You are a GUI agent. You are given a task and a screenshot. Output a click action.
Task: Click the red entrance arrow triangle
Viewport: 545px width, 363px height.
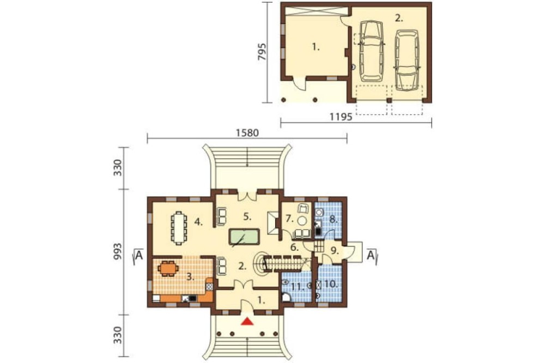pyautogui.click(x=247, y=321)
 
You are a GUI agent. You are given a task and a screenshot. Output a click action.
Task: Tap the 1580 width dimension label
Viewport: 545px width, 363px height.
pyautogui.click(x=247, y=133)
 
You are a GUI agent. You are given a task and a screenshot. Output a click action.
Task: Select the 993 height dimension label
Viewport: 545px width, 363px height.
pyautogui.click(x=119, y=252)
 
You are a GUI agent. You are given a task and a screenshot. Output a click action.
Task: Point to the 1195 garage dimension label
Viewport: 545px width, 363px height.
pyautogui.click(x=341, y=117)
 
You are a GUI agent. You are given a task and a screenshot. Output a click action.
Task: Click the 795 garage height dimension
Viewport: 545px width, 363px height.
pyautogui.click(x=262, y=52)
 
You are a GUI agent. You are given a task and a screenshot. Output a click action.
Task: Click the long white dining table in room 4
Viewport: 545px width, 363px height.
pyautogui.click(x=179, y=228)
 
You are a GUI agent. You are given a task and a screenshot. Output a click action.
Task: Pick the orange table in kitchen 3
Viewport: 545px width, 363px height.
pyautogui.click(x=168, y=268)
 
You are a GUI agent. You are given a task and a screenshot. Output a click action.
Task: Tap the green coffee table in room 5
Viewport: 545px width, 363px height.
pyautogui.click(x=244, y=237)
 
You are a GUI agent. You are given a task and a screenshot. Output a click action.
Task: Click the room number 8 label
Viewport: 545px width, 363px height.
pyautogui.click(x=332, y=219)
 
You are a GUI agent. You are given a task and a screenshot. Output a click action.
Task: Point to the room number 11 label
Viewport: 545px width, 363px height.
pyautogui.click(x=296, y=287)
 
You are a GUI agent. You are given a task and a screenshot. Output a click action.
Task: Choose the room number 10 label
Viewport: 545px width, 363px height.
pyautogui.click(x=331, y=284)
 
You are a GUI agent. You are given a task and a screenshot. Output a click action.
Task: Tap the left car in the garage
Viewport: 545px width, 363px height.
pyautogui.click(x=371, y=51)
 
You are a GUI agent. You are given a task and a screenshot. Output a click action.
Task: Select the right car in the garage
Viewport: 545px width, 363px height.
pyautogui.click(x=407, y=60)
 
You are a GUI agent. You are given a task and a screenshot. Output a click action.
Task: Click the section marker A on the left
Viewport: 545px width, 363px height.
pyautogui.click(x=139, y=256)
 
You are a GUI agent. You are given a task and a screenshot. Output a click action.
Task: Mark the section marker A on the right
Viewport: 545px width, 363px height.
pyautogui.click(x=371, y=256)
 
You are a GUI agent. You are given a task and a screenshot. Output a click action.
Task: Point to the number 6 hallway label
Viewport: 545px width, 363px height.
pyautogui.click(x=295, y=248)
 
